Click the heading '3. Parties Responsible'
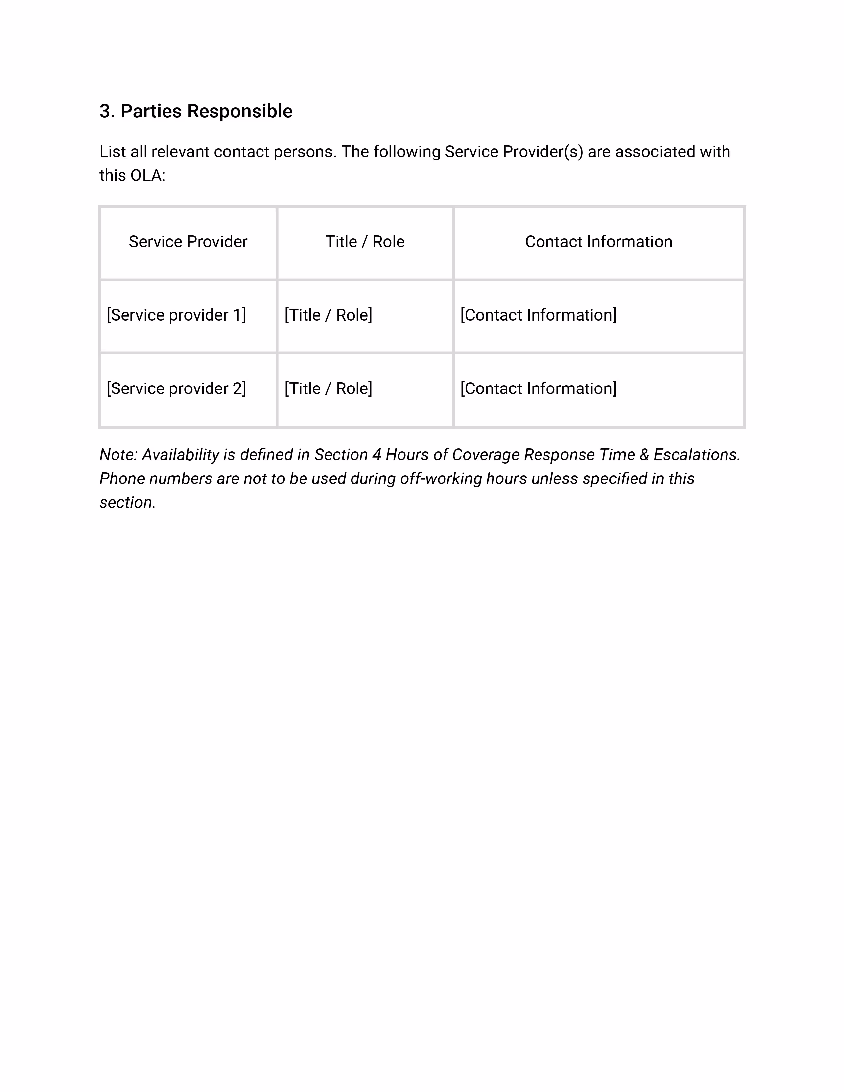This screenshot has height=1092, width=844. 196,111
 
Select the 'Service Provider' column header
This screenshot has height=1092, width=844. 188,242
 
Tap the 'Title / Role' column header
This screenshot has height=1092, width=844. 365,242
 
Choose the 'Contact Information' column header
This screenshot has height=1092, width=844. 598,242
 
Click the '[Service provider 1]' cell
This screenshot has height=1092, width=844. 176,315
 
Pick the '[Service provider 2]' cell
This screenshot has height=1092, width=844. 176,388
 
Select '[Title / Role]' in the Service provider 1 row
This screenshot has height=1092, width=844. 328,315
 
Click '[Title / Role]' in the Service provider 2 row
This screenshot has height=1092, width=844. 328,388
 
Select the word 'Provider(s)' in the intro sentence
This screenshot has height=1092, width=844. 542,152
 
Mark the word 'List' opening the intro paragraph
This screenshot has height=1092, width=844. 113,152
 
